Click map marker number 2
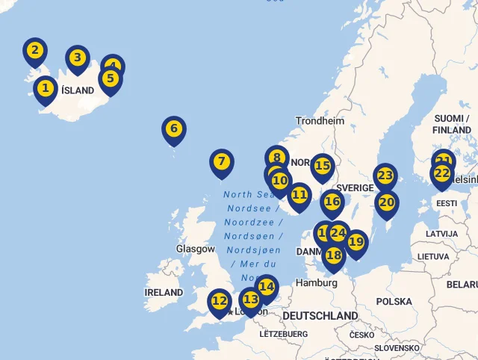pos(34,52)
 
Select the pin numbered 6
pos(173,129)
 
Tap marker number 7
pos(221,162)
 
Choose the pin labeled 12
pos(219,302)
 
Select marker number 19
pos(356,243)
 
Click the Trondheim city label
pos(320,121)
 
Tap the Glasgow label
pos(195,249)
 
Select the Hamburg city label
pos(317,283)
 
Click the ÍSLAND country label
pos(78,90)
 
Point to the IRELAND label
pos(164,292)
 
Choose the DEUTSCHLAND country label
pos(320,316)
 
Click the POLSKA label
pos(394,302)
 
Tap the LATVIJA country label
pos(441,234)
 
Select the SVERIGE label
pos(355,187)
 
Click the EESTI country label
pos(447,203)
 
